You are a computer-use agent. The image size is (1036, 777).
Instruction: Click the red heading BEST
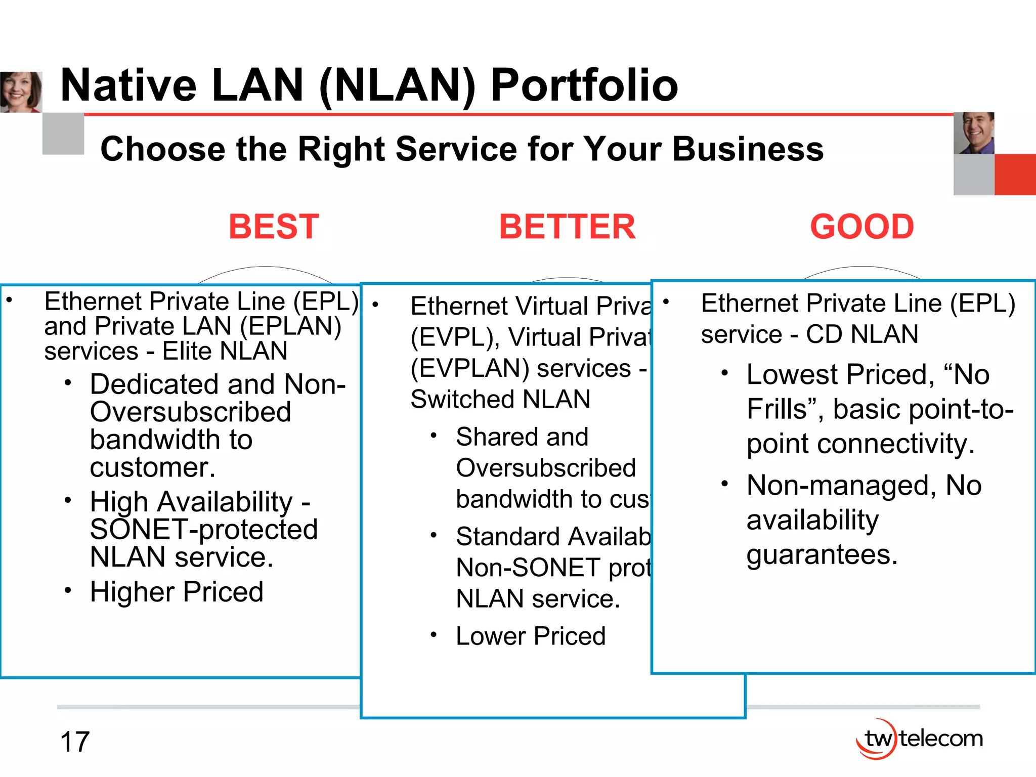pos(274,227)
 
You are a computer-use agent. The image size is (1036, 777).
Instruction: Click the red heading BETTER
pos(567,227)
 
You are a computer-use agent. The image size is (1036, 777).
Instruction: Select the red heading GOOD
pos(862,227)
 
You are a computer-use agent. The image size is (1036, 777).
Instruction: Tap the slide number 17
pos(75,742)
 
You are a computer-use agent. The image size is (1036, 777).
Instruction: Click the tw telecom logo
pos(919,739)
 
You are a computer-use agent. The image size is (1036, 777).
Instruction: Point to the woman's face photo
pos(20,92)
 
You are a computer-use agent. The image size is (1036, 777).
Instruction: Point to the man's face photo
pos(974,133)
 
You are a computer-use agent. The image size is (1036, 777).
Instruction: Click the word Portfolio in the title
pos(584,85)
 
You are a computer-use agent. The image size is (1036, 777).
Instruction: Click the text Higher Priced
pos(177,592)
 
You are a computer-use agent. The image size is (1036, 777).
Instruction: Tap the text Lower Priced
pos(531,636)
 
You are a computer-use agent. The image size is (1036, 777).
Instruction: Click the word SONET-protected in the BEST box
pos(204,530)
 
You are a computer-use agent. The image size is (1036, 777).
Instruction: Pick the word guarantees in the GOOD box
pos(822,555)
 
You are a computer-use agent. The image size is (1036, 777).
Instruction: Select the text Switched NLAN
pos(500,399)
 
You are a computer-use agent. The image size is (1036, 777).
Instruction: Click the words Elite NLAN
pos(225,351)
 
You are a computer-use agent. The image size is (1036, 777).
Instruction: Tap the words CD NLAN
pos(862,334)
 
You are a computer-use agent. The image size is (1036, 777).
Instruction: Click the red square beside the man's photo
pos(1015,175)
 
